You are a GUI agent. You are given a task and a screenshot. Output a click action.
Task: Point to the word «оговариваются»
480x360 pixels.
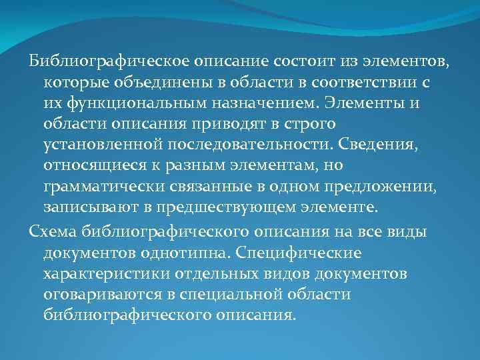coord(99,295)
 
